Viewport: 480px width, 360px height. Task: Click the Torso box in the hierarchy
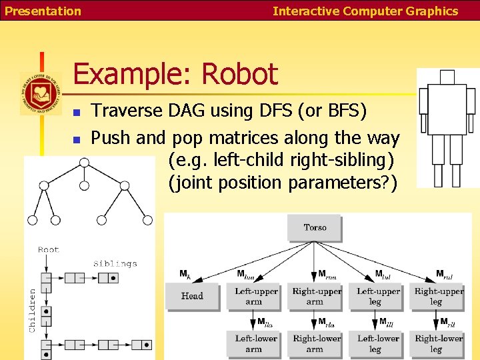tap(315, 228)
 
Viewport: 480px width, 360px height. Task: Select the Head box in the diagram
tap(192, 296)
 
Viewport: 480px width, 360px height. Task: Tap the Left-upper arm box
tap(253, 296)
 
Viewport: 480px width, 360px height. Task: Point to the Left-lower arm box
tap(253, 343)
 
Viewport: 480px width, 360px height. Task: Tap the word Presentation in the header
tap(43, 11)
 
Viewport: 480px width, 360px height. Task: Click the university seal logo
tap(39, 93)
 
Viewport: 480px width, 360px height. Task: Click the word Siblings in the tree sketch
tap(115, 263)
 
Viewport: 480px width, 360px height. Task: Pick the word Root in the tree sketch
tap(49, 250)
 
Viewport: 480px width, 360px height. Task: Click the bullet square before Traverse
tap(77, 112)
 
